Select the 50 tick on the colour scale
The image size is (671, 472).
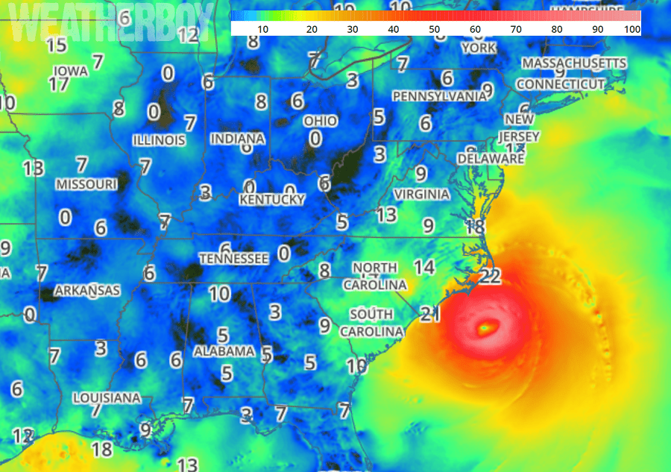(x=433, y=29)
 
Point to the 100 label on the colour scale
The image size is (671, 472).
(x=631, y=29)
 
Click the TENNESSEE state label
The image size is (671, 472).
(x=233, y=258)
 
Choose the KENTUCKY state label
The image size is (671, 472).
(x=271, y=200)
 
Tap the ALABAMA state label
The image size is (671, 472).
(x=224, y=350)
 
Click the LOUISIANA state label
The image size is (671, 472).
(x=107, y=398)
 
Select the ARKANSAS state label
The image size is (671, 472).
(x=86, y=290)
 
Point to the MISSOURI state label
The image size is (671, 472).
(x=86, y=183)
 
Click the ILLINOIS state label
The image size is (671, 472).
(x=159, y=140)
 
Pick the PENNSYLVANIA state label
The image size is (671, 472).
(x=439, y=96)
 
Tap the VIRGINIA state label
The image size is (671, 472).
(x=422, y=194)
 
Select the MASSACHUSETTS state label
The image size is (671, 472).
(x=574, y=63)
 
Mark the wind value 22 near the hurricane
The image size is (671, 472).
(x=491, y=277)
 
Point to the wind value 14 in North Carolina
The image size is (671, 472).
(x=424, y=266)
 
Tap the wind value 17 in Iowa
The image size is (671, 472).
(x=59, y=84)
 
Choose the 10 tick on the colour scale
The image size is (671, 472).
(x=262, y=29)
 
